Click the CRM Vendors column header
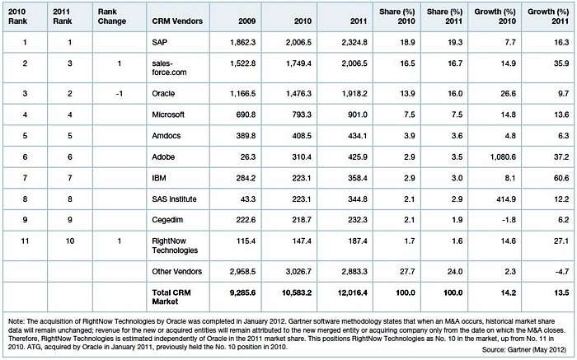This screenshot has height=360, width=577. [177, 21]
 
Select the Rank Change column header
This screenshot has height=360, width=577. [112, 16]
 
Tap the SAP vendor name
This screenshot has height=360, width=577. [159, 42]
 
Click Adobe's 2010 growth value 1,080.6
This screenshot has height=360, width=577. [503, 157]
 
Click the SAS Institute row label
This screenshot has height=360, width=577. [174, 199]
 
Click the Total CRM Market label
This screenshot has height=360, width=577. [171, 297]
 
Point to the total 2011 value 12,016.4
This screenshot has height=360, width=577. [352, 292]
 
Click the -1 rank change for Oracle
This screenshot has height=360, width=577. [119, 93]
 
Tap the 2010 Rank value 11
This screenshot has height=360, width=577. [25, 241]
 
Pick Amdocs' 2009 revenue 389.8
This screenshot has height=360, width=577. [246, 136]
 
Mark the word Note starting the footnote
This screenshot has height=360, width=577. [16, 321]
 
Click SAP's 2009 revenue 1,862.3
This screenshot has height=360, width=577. [242, 42]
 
